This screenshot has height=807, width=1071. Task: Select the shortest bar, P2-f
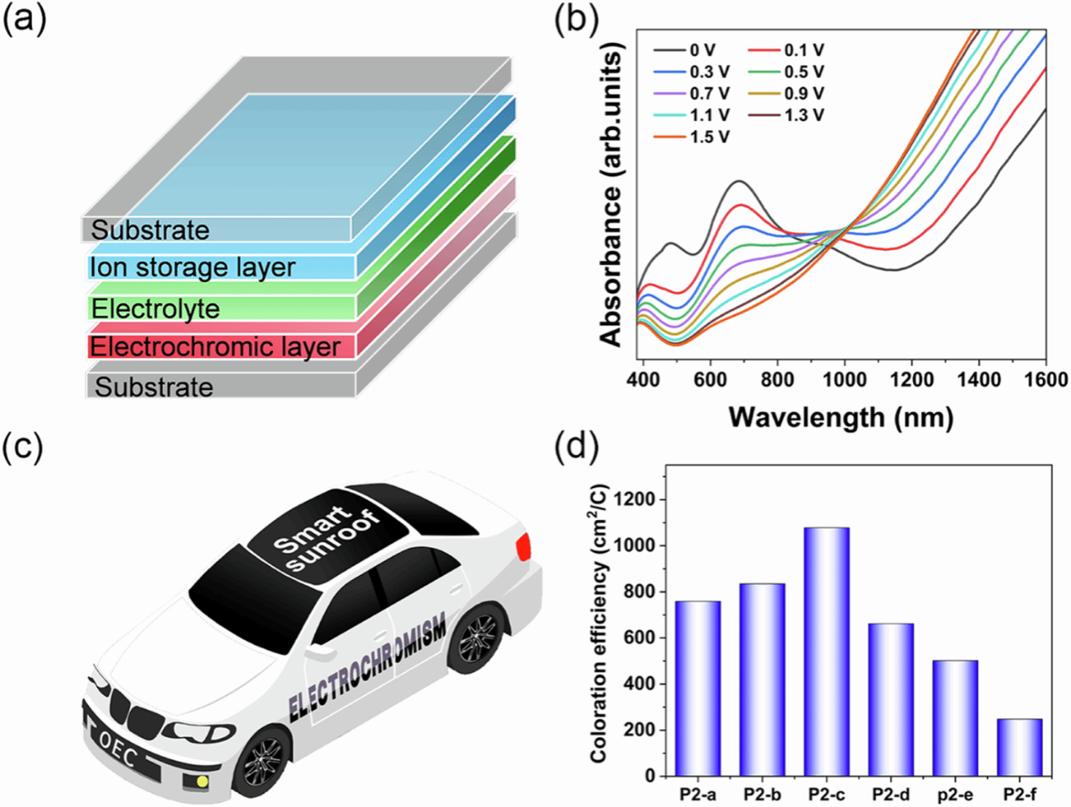[x=1020, y=747]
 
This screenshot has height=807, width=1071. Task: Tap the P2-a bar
[x=698, y=688]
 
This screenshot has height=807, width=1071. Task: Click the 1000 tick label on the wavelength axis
[x=844, y=380]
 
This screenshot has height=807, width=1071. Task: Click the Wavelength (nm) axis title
[x=840, y=416]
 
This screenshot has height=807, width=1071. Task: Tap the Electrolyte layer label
[x=155, y=308]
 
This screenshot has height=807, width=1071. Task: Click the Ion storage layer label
[x=193, y=268]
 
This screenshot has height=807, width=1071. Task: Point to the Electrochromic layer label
[x=215, y=347]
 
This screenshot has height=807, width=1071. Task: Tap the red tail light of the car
[x=525, y=547]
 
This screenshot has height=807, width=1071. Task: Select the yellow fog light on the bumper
[x=202, y=781]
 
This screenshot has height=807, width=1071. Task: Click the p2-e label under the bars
[x=955, y=795]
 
